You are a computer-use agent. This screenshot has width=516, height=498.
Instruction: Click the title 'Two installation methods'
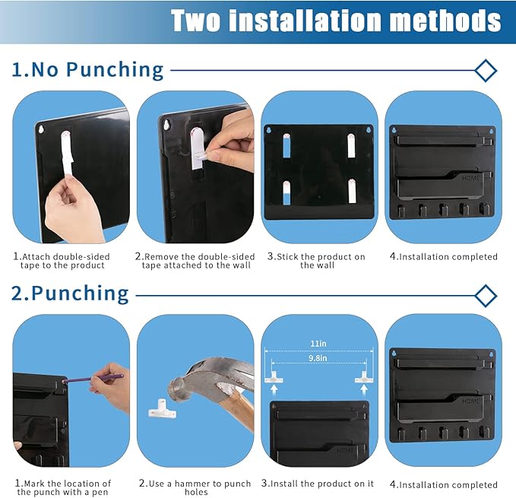pyautogui.click(x=336, y=21)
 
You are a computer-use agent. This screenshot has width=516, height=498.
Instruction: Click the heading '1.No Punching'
pyautogui.click(x=87, y=69)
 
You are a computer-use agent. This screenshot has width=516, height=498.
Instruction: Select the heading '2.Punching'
pyautogui.click(x=70, y=293)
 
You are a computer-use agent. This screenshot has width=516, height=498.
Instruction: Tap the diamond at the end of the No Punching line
pyautogui.click(x=486, y=71)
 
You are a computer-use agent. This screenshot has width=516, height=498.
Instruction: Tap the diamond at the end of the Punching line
pyautogui.click(x=486, y=296)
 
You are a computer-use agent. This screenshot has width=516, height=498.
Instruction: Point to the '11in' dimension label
pyautogui.click(x=318, y=344)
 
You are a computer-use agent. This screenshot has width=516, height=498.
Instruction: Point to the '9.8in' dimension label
pyautogui.click(x=318, y=358)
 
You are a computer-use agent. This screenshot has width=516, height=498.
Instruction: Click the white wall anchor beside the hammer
pyautogui.click(x=162, y=409)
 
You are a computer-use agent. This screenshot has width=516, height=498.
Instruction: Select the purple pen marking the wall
pyautogui.click(x=93, y=379)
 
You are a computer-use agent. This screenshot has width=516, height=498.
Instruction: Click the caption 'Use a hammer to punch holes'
pyautogui.click(x=195, y=487)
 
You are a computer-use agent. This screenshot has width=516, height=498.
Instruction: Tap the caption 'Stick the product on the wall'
pyautogui.click(x=316, y=261)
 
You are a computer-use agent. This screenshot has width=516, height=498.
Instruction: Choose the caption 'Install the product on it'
pyautogui.click(x=318, y=484)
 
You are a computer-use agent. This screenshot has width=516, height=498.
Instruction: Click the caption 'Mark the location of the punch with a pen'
pyautogui.click(x=63, y=487)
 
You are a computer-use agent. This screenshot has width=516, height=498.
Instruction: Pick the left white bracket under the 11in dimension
pyautogui.click(x=274, y=377)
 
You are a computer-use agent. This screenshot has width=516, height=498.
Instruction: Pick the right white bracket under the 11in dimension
pyautogui.click(x=364, y=377)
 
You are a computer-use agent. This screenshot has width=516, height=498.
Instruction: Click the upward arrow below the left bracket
pyautogui.click(x=274, y=390)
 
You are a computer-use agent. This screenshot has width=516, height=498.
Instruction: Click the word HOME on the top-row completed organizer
pyautogui.click(x=471, y=178)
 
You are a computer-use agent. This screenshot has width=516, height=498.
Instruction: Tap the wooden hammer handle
pyautogui.click(x=239, y=408)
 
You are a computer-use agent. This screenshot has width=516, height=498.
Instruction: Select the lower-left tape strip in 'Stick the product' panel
pyautogui.click(x=286, y=192)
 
